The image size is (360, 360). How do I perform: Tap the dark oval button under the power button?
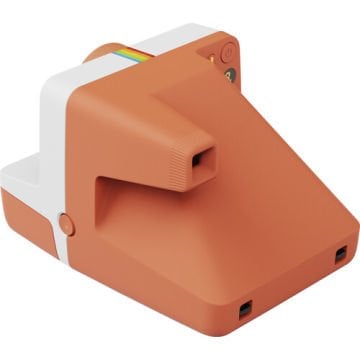pyautogui.click(x=230, y=76)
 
